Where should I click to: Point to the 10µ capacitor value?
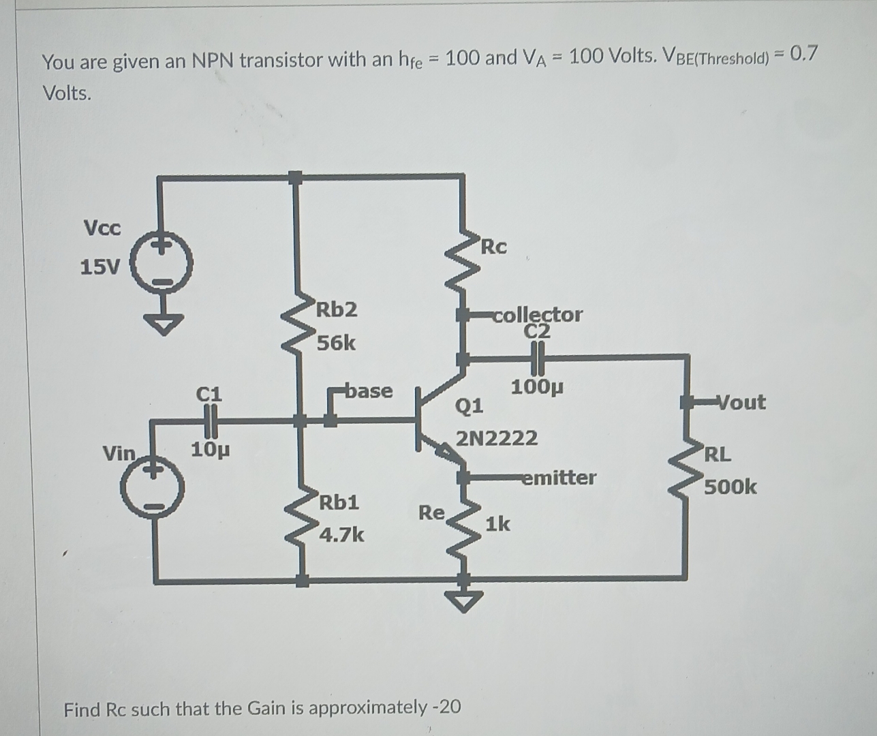click(x=210, y=450)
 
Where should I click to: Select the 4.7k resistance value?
click(x=341, y=535)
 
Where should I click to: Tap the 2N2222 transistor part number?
click(x=497, y=438)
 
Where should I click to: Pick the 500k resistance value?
click(x=730, y=487)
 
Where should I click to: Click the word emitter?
click(x=559, y=478)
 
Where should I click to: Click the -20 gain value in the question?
click(x=446, y=707)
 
